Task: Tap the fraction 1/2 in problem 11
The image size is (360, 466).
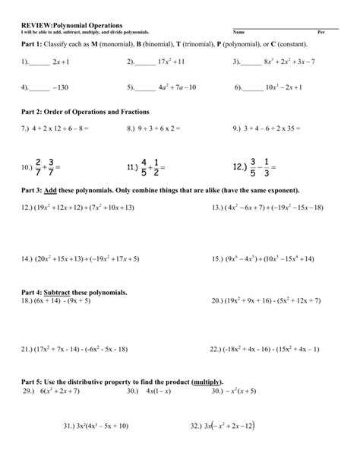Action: pyautogui.click(x=156, y=166)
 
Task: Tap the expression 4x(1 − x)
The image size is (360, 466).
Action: pyautogui.click(x=158, y=391)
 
